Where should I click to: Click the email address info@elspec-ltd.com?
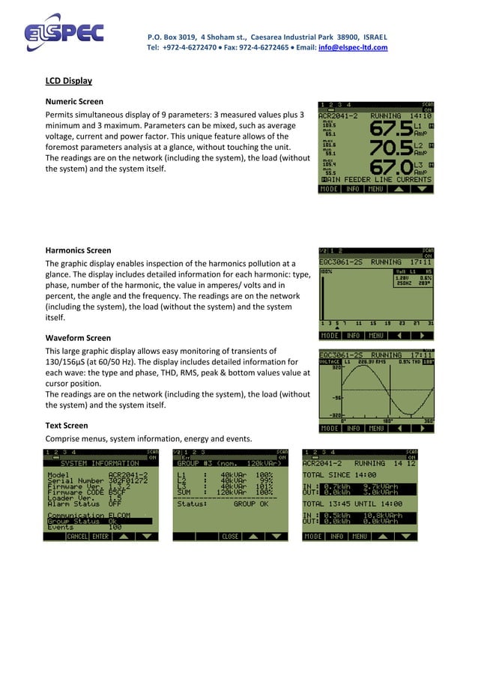[x=353, y=47]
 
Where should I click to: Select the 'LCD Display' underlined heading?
[x=69, y=80]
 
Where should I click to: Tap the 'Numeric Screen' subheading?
[x=74, y=101]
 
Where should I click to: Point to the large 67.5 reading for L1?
[x=391, y=129]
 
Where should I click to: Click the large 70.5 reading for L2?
[x=391, y=148]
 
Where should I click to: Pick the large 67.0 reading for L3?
[x=391, y=168]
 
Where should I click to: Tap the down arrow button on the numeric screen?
[x=423, y=190]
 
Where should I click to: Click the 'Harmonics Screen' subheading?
[x=78, y=250]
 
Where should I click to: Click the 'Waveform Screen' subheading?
[x=78, y=338]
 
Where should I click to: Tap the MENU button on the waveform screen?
[x=375, y=429]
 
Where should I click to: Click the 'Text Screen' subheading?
[x=67, y=426]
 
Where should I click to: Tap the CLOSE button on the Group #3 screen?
[x=230, y=537]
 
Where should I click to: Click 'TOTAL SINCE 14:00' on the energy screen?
[x=339, y=475]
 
